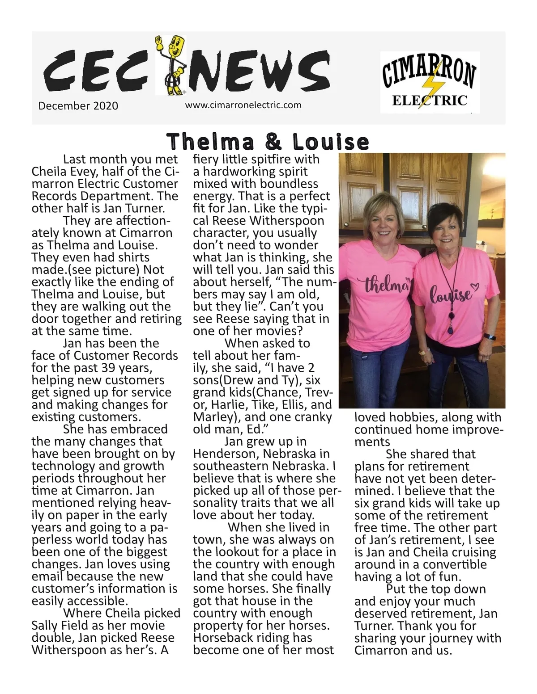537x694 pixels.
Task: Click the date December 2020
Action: coord(78,106)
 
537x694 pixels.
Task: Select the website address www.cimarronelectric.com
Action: coord(243,105)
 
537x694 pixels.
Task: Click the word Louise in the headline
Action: coord(331,142)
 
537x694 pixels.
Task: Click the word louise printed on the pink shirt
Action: coord(452,294)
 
